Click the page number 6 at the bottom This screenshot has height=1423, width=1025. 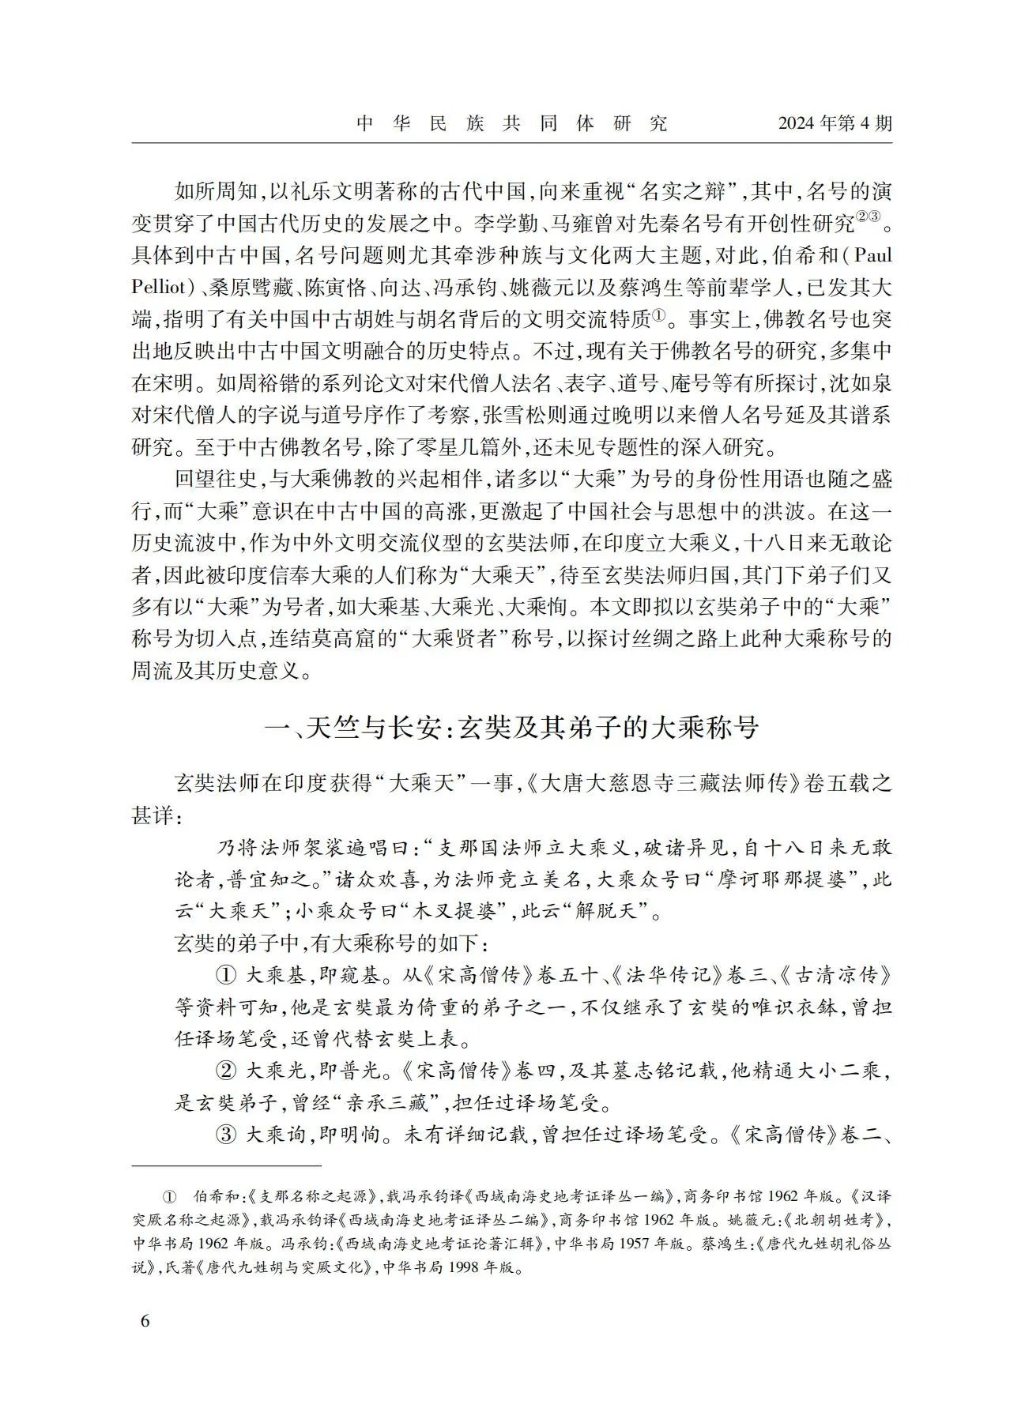pos(144,1322)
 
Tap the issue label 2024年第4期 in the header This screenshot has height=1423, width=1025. pos(835,123)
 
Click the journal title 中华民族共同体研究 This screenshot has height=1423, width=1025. pos(511,123)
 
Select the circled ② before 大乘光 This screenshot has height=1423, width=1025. pos(226,1071)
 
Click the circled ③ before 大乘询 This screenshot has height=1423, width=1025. pos(226,1135)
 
